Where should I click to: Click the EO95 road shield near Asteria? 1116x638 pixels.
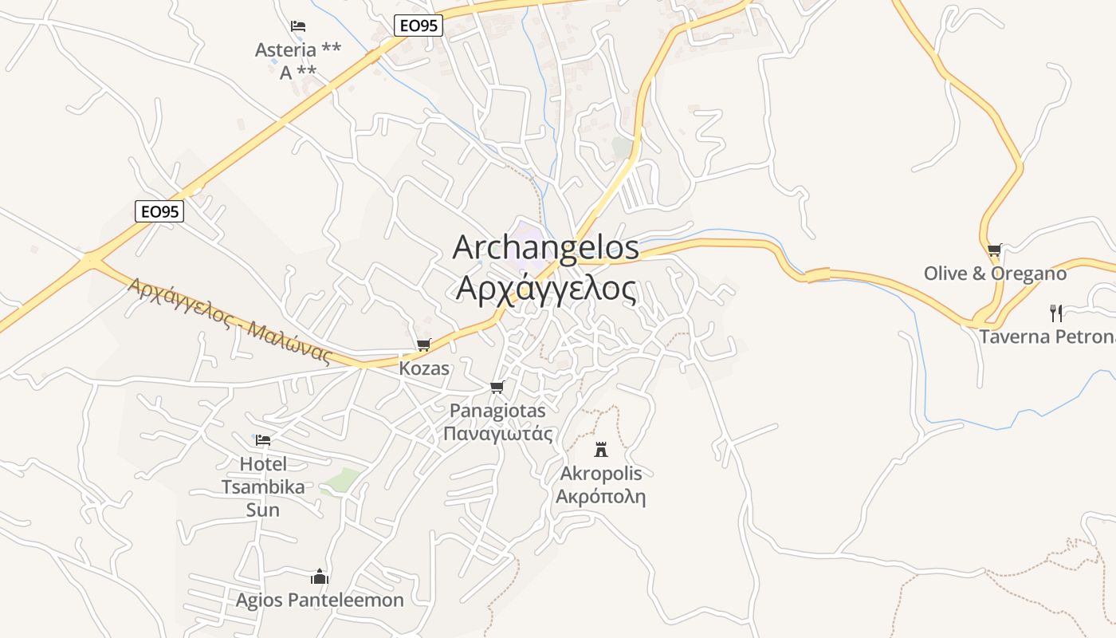[418, 26]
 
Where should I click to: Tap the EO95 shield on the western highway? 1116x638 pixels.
[159, 211]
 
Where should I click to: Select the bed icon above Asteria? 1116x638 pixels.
[298, 26]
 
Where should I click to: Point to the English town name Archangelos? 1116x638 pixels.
[546, 247]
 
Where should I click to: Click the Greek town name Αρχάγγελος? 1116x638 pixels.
[546, 288]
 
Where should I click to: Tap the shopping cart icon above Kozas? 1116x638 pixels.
[423, 345]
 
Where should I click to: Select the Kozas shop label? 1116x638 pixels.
[424, 369]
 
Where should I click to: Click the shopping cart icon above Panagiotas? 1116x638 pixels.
[497, 388]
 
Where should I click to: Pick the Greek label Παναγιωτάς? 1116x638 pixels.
[497, 434]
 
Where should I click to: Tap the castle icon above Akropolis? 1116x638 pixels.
[601, 449]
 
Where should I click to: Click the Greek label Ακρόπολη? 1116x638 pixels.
[600, 498]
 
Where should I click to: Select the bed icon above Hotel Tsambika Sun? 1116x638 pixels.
[263, 439]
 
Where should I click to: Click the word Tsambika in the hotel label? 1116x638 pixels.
[263, 487]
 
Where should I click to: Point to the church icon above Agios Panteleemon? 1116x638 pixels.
[320, 577]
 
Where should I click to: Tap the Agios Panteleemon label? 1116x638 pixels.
[320, 601]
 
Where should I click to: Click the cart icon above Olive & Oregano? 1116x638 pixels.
[994, 250]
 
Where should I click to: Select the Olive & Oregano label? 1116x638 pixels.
[995, 274]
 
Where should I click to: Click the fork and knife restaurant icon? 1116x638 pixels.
[1056, 313]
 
